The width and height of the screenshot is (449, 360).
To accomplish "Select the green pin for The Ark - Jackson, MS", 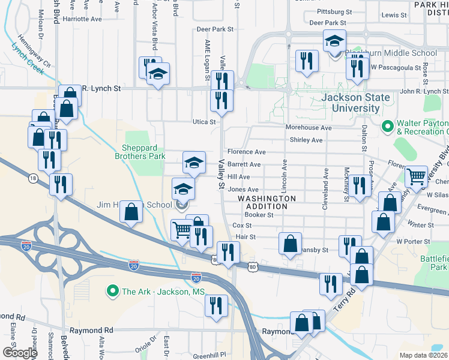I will click(x=112, y=292).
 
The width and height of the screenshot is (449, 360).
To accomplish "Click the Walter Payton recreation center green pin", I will click(x=388, y=127).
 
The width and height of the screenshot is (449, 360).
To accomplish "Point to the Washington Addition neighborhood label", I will click(x=267, y=202).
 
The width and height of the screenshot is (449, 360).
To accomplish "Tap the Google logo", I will click(x=20, y=352).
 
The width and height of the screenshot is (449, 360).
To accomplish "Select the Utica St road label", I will click(x=204, y=122).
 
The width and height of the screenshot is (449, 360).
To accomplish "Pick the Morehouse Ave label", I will click(x=309, y=128).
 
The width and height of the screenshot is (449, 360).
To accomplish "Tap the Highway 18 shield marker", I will click(x=32, y=178).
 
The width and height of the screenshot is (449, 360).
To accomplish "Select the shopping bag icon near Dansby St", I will click(x=290, y=244).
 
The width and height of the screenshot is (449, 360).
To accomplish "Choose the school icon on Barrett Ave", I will click(x=194, y=163).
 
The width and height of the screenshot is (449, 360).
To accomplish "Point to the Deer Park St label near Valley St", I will click(x=214, y=29).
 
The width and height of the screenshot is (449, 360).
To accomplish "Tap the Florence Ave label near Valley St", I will click(x=246, y=152).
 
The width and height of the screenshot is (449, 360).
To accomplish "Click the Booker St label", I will click(x=259, y=214).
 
